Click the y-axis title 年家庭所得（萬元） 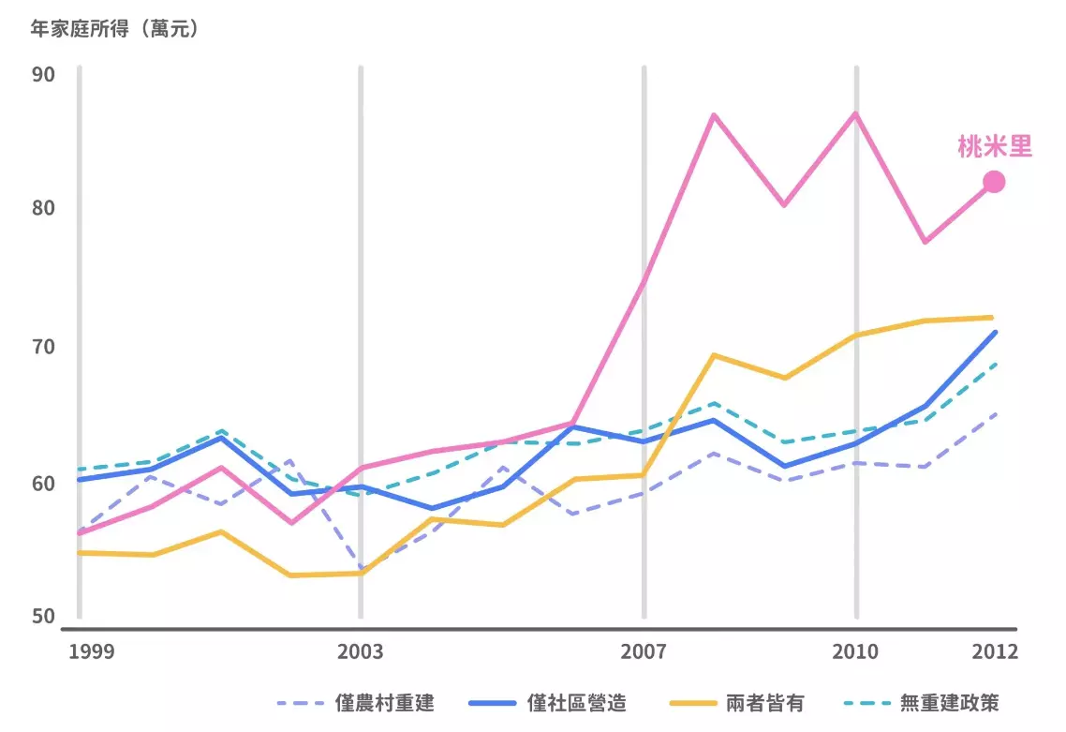click(x=114, y=29)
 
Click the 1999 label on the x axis click(x=92, y=651)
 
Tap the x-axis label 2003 click(x=361, y=651)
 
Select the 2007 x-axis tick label click(x=644, y=651)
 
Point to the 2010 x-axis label click(x=855, y=651)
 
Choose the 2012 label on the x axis click(x=994, y=651)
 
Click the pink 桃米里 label click(x=994, y=147)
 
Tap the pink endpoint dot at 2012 click(x=994, y=182)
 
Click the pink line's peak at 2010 click(x=855, y=113)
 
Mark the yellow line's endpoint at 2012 click(x=991, y=318)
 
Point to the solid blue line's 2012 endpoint click(x=994, y=333)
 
